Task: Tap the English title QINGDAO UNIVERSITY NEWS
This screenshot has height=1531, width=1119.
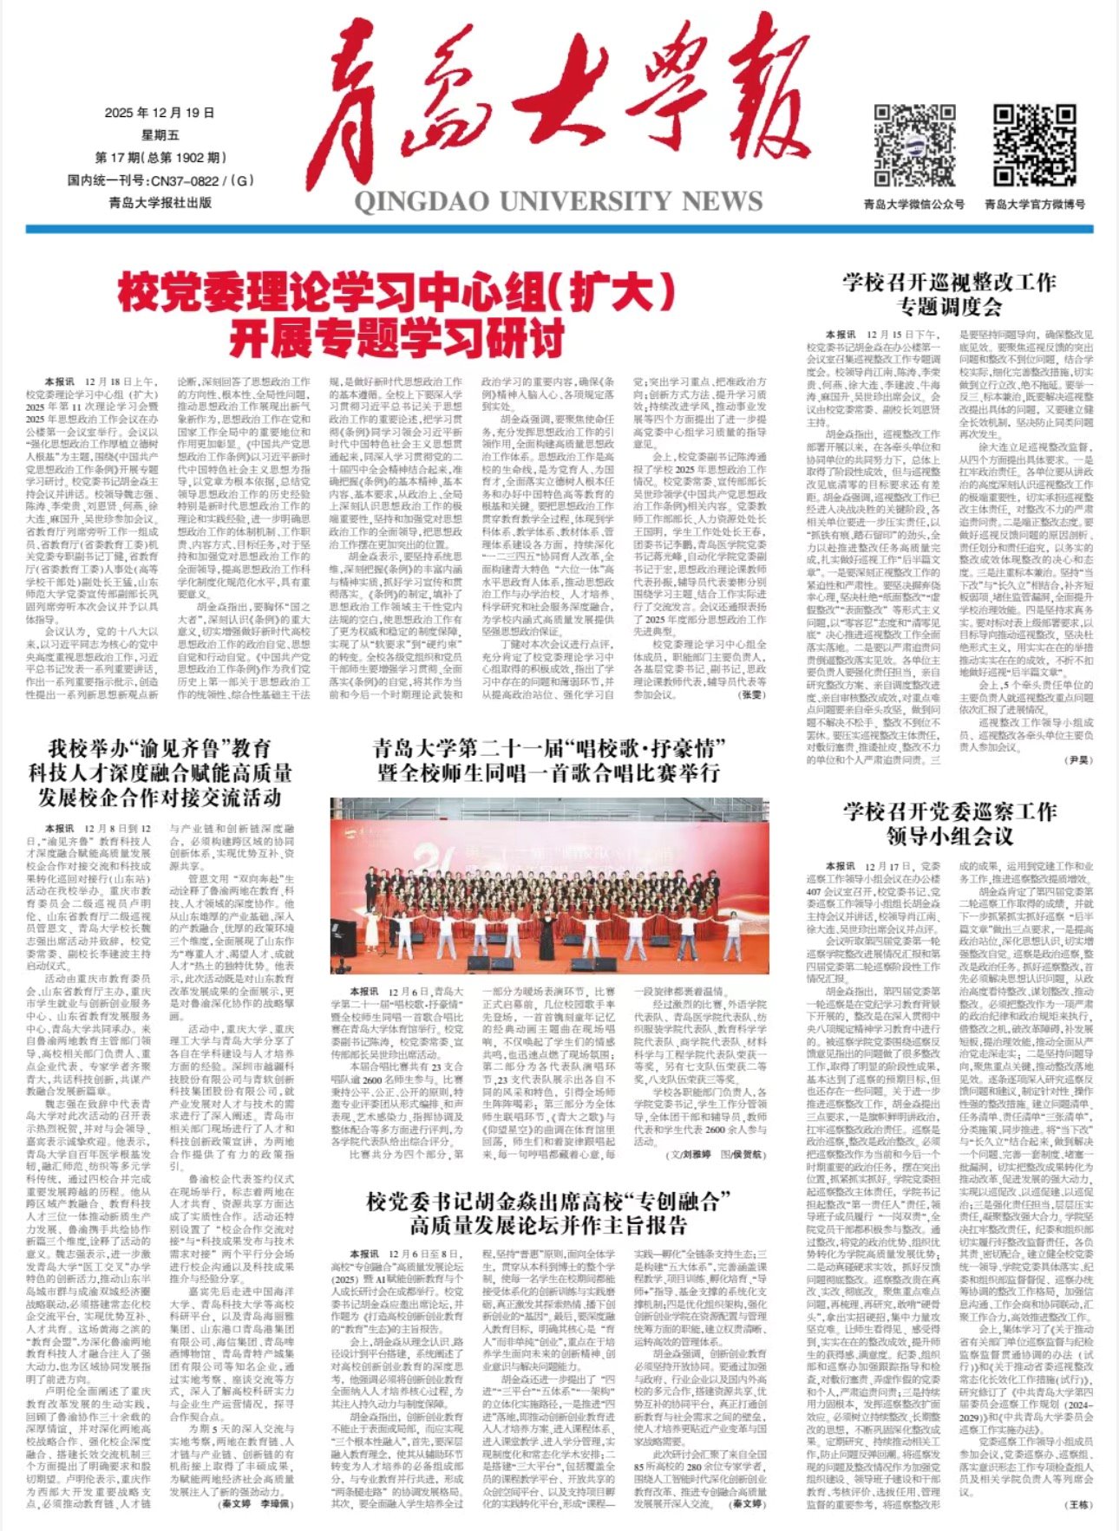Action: click(x=558, y=201)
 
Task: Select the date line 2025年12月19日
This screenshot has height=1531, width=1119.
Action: click(x=160, y=113)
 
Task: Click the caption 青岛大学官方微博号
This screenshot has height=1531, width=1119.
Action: click(x=1034, y=205)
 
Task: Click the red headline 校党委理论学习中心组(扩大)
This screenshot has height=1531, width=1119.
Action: click(x=396, y=295)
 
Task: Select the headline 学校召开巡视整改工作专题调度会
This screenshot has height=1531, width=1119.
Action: click(x=949, y=294)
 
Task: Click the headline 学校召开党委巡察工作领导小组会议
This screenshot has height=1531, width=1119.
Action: click(x=949, y=823)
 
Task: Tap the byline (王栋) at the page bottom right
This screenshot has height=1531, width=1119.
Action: click(x=1079, y=1504)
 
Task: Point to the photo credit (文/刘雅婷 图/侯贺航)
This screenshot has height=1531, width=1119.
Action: click(x=715, y=1156)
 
